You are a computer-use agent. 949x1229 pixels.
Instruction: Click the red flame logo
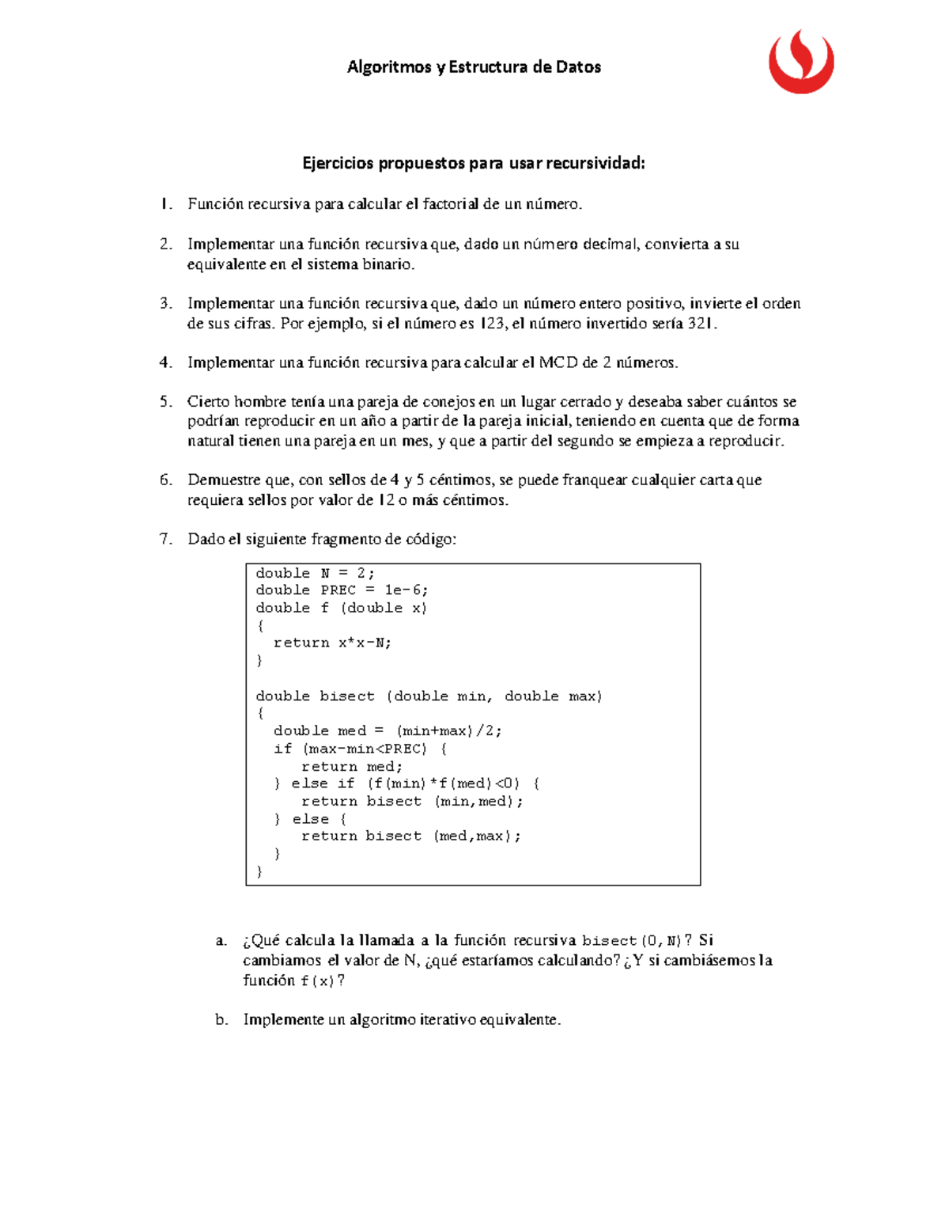800,63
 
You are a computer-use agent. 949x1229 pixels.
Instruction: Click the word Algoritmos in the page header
389,67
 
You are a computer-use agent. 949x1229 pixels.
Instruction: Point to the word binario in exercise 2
388,264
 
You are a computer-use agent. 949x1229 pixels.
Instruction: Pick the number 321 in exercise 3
701,324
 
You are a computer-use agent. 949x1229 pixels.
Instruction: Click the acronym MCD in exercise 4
558,362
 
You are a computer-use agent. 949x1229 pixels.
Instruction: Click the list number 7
165,539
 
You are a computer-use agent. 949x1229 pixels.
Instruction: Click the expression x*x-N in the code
365,643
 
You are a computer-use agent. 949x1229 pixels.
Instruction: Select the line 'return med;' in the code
352,766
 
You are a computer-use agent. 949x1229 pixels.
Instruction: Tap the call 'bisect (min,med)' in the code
444,801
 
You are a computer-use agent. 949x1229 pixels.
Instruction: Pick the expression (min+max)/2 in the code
448,730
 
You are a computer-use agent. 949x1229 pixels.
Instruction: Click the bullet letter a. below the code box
221,940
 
